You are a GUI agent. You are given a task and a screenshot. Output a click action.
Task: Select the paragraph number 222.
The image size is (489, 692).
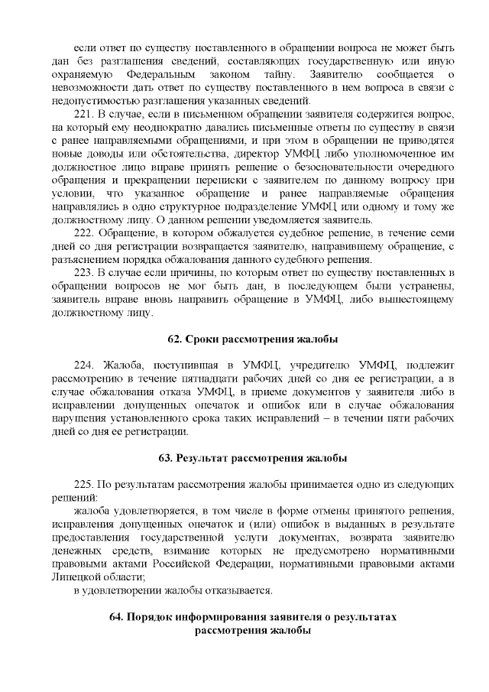click(x=85, y=232)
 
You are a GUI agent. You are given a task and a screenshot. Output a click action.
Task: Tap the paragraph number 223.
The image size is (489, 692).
click(x=85, y=272)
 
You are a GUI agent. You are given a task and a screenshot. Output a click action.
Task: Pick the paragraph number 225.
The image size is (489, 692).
click(x=85, y=485)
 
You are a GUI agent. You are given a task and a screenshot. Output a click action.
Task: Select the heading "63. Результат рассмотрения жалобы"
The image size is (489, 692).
click(x=253, y=459)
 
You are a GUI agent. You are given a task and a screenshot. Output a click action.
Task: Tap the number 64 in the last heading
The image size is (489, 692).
click(x=117, y=617)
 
